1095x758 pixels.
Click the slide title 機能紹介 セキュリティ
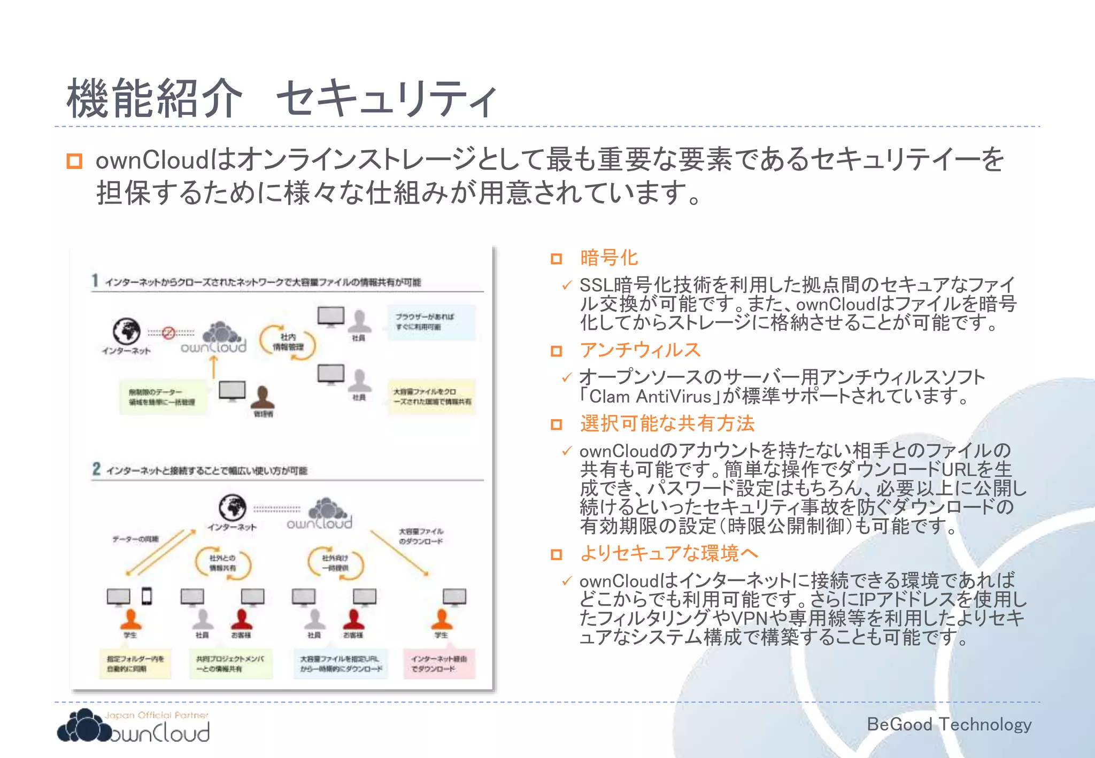click(x=282, y=98)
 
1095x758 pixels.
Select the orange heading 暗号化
click(x=608, y=258)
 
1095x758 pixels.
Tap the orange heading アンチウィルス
click(x=640, y=350)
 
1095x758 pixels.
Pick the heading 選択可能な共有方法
click(x=667, y=423)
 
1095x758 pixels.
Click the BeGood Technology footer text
click(x=949, y=724)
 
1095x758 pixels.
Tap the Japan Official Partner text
click(x=156, y=715)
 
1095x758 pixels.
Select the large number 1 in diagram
click(x=95, y=281)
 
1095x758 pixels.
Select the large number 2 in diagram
click(x=96, y=469)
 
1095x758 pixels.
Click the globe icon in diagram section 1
click(x=127, y=331)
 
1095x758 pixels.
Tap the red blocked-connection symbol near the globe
click(x=168, y=332)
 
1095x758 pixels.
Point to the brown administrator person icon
click(x=263, y=398)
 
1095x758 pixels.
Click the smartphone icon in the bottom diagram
click(x=146, y=595)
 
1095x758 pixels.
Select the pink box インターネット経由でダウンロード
click(x=439, y=664)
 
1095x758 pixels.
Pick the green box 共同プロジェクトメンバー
click(x=230, y=664)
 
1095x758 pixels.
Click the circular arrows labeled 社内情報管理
click(x=288, y=342)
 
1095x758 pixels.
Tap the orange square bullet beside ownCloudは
click(x=74, y=161)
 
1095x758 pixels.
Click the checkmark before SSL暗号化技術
click(x=567, y=285)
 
